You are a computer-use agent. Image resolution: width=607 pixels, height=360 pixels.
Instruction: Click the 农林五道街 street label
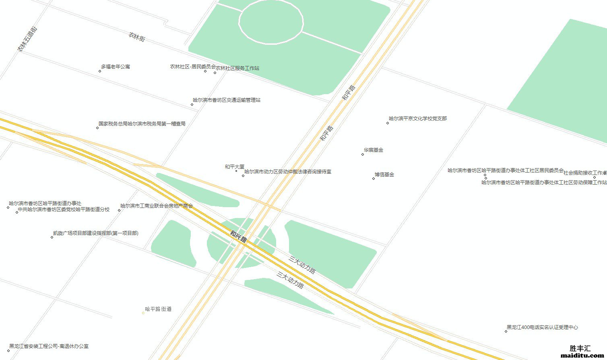(27, 39)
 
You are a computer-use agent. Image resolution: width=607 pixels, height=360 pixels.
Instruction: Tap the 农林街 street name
(137, 37)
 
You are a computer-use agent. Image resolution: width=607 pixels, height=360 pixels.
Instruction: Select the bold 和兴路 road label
(238, 236)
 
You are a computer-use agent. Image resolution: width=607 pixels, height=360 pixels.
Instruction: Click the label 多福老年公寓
(116, 67)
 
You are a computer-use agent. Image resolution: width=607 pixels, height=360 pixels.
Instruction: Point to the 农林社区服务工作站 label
(237, 68)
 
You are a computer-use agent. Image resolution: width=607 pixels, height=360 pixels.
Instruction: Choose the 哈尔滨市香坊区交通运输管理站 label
(227, 100)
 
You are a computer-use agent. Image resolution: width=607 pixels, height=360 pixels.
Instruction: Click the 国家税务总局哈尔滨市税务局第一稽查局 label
(142, 124)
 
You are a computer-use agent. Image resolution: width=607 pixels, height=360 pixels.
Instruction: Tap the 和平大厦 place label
(235, 167)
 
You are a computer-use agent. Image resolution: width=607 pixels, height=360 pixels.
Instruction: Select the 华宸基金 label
(374, 150)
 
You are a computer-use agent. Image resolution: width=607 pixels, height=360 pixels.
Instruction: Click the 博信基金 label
(384, 175)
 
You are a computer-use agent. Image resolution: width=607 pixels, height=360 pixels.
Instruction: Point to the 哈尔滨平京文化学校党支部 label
(418, 119)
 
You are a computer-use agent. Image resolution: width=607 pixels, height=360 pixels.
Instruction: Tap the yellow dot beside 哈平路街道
(143, 313)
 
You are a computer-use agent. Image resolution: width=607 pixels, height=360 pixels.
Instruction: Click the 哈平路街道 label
(158, 309)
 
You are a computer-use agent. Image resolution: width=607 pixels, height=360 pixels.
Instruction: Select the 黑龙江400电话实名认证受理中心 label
(542, 327)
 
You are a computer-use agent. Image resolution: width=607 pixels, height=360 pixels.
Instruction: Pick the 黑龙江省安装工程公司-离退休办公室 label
(49, 346)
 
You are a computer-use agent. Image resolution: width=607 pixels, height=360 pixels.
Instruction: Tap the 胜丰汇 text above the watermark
(580, 348)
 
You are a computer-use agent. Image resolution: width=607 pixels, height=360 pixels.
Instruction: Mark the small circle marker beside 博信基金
(374, 178)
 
